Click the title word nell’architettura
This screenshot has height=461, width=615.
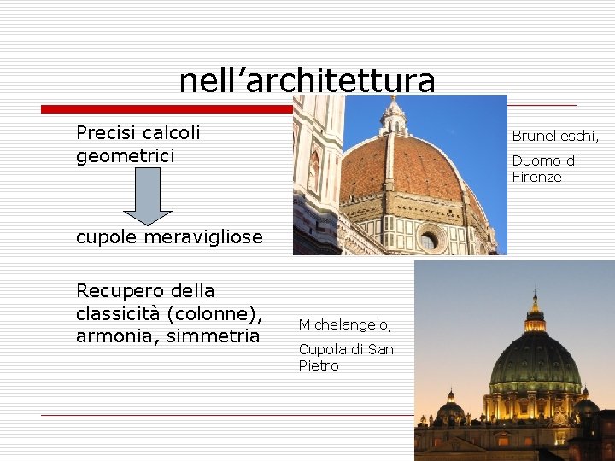(307, 80)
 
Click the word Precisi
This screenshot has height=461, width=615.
(107, 133)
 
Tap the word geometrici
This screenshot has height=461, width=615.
(125, 155)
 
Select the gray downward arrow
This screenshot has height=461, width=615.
(148, 195)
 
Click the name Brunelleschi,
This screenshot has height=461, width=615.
(555, 136)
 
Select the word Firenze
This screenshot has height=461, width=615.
(536, 178)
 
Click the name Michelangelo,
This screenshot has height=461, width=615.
(345, 324)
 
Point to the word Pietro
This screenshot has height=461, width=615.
(319, 366)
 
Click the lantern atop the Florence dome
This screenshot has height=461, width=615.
(393, 115)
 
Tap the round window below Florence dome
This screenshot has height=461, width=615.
(430, 240)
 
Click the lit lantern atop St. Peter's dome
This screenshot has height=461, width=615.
(535, 314)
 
